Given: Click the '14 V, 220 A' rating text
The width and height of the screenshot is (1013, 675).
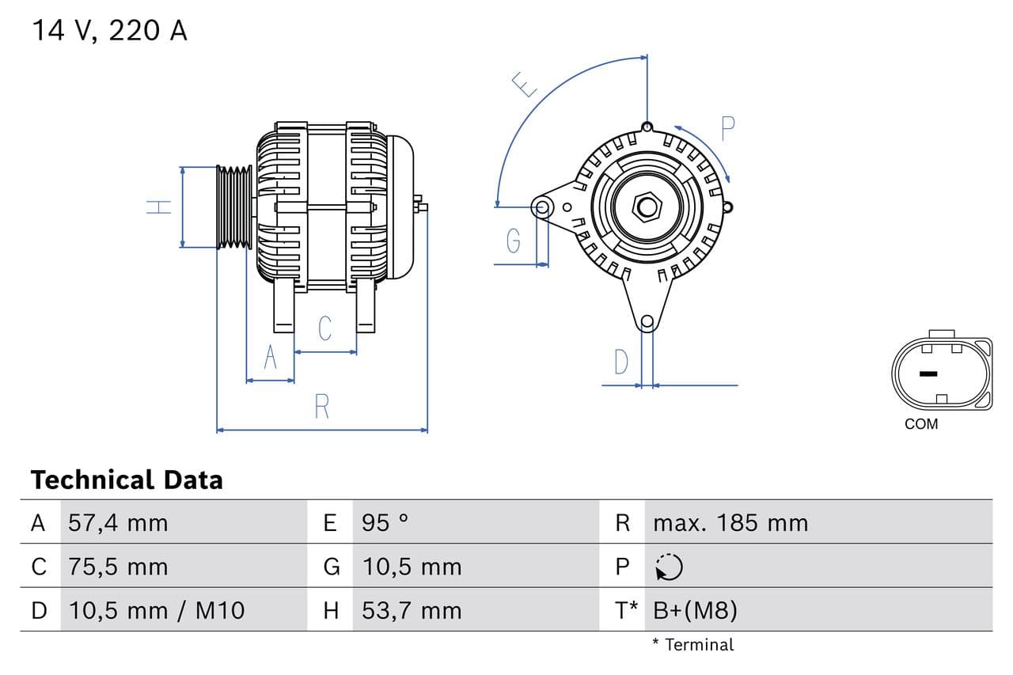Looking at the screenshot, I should point(109,31).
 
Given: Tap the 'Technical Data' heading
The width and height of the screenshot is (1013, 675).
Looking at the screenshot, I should point(127,480).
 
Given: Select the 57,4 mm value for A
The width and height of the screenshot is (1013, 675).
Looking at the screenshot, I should point(118,523).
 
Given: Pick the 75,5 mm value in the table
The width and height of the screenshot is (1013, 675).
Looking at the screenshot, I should point(118,567).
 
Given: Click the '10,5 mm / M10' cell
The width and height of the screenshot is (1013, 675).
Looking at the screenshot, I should point(157,610).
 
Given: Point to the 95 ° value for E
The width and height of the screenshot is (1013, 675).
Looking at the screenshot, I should point(385,523).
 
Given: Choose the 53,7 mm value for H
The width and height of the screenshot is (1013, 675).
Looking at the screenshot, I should point(412,610).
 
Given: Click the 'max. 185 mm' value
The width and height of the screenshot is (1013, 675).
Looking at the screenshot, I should point(730,523).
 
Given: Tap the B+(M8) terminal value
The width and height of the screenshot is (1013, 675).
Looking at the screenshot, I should point(695,610).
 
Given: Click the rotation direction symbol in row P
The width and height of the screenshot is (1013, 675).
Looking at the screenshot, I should point(669,567).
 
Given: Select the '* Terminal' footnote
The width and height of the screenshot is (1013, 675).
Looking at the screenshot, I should point(693,645).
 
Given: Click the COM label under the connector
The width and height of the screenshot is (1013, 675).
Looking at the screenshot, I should point(921,424).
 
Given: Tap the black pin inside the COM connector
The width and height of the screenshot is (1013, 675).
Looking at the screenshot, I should point(928,374).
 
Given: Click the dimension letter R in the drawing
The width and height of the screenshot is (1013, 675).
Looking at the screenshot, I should point(321,407).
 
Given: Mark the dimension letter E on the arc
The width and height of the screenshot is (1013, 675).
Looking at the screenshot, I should point(525,84).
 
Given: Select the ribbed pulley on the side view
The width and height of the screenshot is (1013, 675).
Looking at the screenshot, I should point(234,207).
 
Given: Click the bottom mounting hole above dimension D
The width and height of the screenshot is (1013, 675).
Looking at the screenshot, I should point(647,321).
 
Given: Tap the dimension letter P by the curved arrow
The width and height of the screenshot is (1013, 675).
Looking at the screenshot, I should point(728,127).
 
